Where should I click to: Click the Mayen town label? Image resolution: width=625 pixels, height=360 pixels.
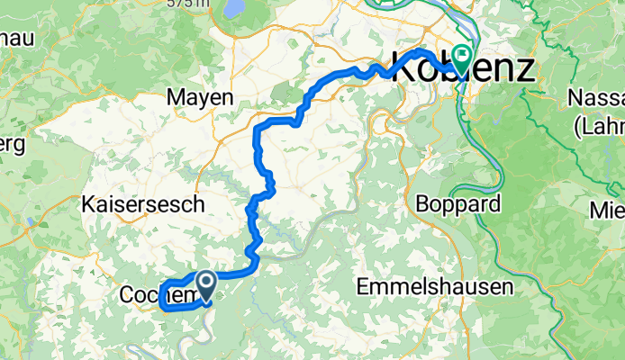201,97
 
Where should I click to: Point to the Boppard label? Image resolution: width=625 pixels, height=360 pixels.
457,203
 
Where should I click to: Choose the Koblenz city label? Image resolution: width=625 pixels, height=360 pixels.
461,68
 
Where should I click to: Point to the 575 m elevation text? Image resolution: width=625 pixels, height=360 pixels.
189,4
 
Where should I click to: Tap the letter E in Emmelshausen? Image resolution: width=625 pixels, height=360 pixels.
362,287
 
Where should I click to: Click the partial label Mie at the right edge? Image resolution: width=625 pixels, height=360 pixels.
607,211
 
